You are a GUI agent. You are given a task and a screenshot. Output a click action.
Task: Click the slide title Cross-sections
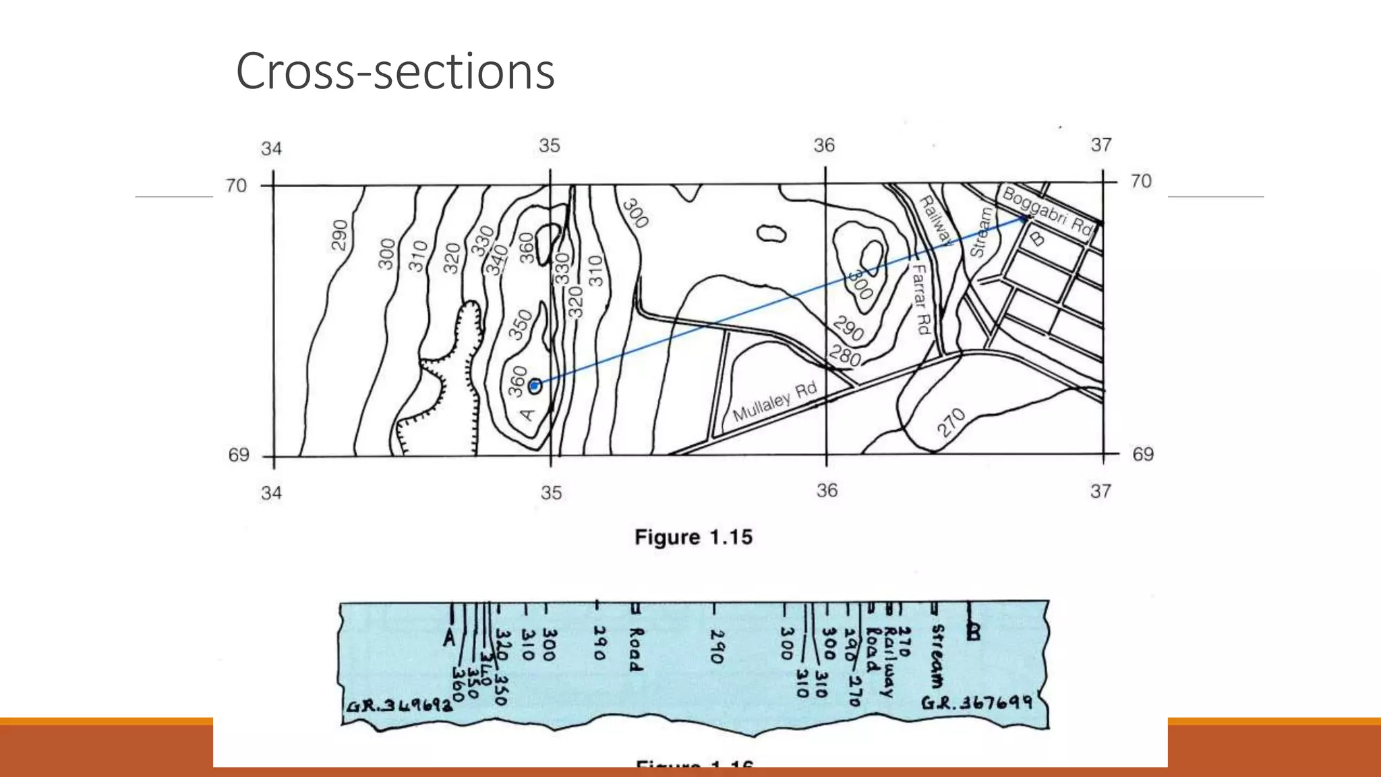(x=395, y=71)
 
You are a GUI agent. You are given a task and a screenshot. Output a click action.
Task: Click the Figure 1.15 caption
(x=693, y=538)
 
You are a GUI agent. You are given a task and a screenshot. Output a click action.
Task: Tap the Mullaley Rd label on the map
(x=775, y=401)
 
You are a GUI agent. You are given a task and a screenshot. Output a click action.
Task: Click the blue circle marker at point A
(x=535, y=386)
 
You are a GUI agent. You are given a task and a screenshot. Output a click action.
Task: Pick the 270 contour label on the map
(x=951, y=423)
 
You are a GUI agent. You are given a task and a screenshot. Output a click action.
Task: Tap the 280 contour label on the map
(x=845, y=355)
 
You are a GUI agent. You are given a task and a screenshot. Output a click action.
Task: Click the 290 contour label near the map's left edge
(x=340, y=235)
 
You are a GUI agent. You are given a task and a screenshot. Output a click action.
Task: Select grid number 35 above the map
(x=549, y=146)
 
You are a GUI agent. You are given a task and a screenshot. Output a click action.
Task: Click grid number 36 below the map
(x=827, y=490)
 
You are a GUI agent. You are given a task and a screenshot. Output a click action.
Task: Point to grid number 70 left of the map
(x=236, y=185)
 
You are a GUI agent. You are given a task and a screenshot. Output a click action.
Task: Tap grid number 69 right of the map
(x=1142, y=455)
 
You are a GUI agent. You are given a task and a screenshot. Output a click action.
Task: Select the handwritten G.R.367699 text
(x=976, y=703)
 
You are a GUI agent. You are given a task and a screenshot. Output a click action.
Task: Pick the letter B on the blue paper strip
(x=973, y=632)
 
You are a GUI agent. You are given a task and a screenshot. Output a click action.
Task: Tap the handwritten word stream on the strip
(x=937, y=655)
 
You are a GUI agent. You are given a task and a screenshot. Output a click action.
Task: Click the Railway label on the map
(x=935, y=219)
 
